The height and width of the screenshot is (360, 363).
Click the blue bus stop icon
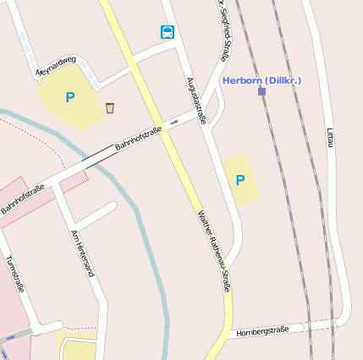168,33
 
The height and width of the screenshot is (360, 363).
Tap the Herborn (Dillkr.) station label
261,79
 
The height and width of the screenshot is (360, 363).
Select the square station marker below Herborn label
262,90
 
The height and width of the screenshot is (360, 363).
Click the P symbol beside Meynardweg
69,98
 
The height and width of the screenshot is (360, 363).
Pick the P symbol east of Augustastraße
240,180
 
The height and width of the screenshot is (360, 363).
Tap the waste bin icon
110,107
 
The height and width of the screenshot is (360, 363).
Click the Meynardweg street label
56,66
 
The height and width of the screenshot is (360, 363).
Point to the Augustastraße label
196,101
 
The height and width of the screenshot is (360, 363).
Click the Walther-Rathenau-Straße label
215,253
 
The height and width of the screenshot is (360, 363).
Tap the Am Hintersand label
82,254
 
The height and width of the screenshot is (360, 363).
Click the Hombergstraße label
263,330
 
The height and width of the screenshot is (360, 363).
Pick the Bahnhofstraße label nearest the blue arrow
138,137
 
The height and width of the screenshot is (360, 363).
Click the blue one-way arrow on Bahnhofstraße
174,123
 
